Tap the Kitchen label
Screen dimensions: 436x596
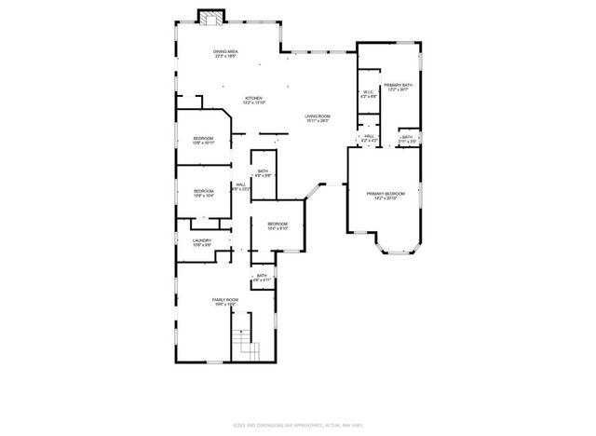(x=253, y=101)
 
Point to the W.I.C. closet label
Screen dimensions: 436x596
(x=368, y=93)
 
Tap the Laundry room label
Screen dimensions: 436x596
(x=202, y=243)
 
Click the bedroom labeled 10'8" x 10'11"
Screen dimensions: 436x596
(x=203, y=141)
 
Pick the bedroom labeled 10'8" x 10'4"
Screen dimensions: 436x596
(x=203, y=194)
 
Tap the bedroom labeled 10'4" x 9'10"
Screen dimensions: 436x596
(x=278, y=226)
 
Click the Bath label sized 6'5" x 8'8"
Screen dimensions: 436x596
(x=264, y=173)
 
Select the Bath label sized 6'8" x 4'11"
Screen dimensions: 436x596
(x=262, y=278)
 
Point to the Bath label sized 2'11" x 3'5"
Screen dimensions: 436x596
(x=407, y=140)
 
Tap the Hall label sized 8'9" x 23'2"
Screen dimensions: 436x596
(x=240, y=186)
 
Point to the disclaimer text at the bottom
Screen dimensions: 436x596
(x=297, y=424)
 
